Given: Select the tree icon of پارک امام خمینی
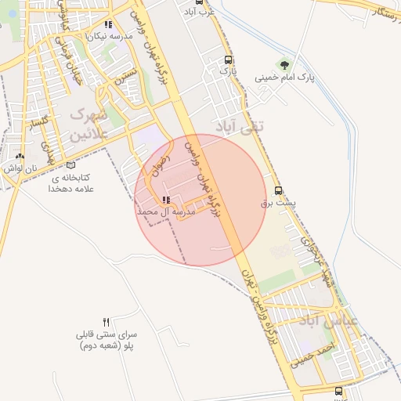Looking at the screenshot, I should tap(284, 66).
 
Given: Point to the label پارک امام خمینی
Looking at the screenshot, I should tap(284, 78).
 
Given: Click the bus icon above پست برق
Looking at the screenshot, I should tap(279, 190).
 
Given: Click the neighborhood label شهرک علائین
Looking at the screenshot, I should tap(96, 125).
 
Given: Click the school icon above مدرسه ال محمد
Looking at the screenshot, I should tap(164, 200).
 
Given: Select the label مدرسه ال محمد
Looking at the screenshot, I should tap(164, 212).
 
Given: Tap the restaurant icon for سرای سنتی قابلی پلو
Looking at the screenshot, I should tap(107, 323).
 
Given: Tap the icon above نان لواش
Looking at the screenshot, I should tap(20, 156).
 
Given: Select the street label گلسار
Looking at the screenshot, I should tap(35, 125).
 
